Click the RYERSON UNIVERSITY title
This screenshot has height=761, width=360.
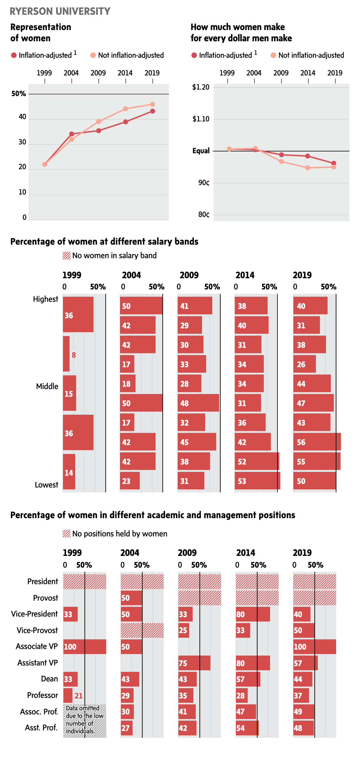(x=60, y=11)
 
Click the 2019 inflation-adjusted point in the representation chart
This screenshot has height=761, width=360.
(x=152, y=111)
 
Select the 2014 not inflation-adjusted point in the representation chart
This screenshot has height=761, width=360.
(x=126, y=109)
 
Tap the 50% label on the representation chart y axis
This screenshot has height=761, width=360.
(x=19, y=94)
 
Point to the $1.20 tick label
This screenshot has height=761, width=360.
(x=201, y=87)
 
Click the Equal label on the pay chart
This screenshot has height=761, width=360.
(x=201, y=151)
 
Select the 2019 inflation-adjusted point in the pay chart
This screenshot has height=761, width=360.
(x=334, y=163)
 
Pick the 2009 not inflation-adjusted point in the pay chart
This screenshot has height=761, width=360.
(x=281, y=162)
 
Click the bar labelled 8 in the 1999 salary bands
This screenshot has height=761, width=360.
(x=66, y=354)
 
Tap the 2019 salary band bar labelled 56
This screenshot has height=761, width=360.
(x=317, y=442)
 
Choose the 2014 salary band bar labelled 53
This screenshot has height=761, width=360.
(x=257, y=481)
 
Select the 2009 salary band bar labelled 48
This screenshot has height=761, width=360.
(x=198, y=403)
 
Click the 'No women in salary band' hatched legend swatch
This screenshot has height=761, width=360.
(x=67, y=256)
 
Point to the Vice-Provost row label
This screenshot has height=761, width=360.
(x=37, y=630)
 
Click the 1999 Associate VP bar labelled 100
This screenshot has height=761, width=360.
(x=85, y=647)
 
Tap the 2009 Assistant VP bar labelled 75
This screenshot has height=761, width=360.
(x=194, y=663)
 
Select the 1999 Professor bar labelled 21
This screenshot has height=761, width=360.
(x=68, y=696)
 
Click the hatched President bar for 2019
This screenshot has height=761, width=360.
(x=315, y=582)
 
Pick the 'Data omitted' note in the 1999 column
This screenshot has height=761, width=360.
(x=85, y=720)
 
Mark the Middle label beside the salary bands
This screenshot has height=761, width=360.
(x=47, y=386)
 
